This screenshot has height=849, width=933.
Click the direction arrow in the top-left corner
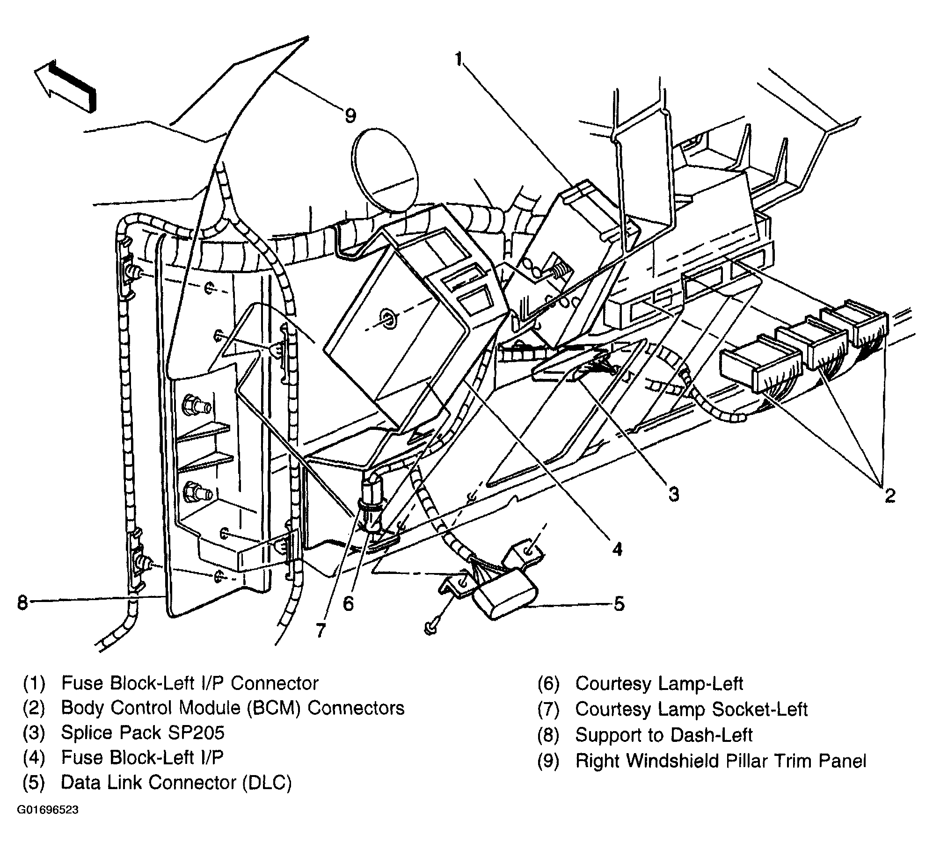tap(66, 87)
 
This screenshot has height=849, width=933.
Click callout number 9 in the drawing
tap(350, 115)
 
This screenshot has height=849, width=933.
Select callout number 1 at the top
tap(459, 59)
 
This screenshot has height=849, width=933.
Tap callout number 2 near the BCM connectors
tap(889, 495)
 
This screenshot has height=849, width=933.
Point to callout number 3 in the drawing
tap(673, 493)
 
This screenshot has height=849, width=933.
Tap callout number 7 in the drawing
tap(320, 631)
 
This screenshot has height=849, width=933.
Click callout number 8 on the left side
tap(22, 602)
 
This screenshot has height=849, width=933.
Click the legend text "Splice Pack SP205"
tap(143, 733)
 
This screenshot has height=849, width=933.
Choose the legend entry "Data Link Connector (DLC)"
tap(176, 783)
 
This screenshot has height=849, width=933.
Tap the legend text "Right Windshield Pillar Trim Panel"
tap(721, 761)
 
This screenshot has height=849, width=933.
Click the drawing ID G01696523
tap(48, 810)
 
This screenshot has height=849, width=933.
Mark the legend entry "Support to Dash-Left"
tap(663, 735)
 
